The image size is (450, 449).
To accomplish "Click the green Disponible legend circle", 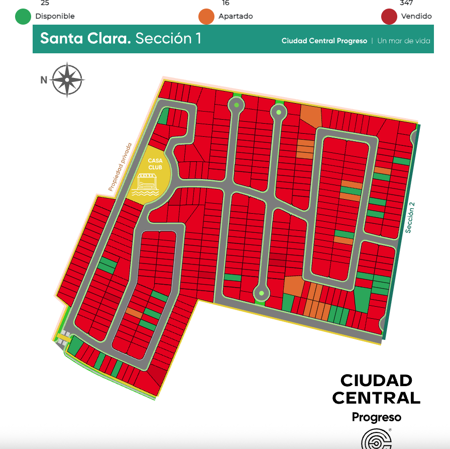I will [23, 16].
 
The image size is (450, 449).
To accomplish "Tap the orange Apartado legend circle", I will [206, 16].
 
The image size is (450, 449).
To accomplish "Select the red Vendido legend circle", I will [389, 16].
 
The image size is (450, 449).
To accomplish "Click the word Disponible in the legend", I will [55, 16].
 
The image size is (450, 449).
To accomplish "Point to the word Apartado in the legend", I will [236, 16].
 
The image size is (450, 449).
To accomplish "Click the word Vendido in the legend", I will [416, 16].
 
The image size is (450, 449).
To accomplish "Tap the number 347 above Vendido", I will [406, 3].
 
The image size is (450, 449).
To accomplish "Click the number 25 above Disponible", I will [45, 3].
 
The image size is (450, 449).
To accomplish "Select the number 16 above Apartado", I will [226, 3].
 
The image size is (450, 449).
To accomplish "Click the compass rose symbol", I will [67, 79].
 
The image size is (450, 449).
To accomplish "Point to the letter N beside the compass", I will [44, 79].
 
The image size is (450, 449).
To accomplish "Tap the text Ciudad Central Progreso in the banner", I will [324, 41].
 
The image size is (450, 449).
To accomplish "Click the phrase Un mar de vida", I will [404, 41].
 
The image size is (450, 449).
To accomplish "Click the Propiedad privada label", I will [120, 167].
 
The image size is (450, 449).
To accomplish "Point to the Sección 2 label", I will [410, 217].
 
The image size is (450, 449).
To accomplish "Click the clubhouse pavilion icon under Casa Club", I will [145, 184].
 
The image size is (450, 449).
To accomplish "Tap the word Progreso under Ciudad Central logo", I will [376, 417].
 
